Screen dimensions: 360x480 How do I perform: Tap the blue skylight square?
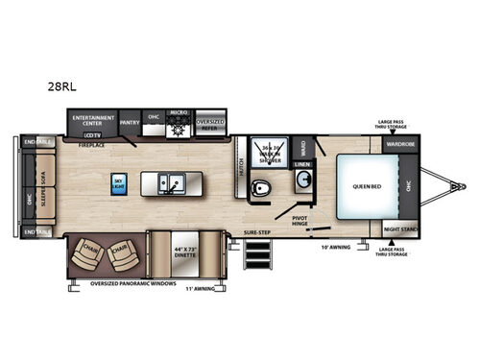(119, 182)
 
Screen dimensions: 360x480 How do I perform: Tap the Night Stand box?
(400, 229)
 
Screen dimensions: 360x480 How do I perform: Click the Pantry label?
(130, 122)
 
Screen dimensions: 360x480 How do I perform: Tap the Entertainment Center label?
(92, 121)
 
